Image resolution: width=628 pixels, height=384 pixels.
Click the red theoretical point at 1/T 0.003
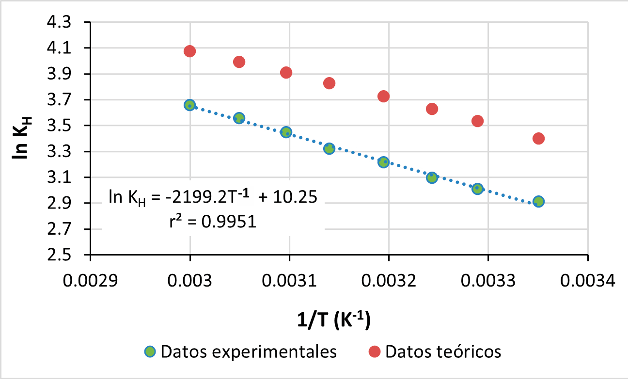pyautogui.click(x=190, y=51)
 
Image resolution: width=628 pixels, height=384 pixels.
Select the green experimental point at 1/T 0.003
pyautogui.click(x=190, y=105)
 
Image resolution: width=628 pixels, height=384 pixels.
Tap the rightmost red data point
pyautogui.click(x=538, y=138)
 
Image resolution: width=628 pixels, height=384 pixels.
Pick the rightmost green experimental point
pyautogui.click(x=538, y=202)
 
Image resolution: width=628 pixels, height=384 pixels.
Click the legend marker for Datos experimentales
pyautogui.click(x=150, y=352)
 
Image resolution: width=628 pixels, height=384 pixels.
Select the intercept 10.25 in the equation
pyautogui.click(x=294, y=197)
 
